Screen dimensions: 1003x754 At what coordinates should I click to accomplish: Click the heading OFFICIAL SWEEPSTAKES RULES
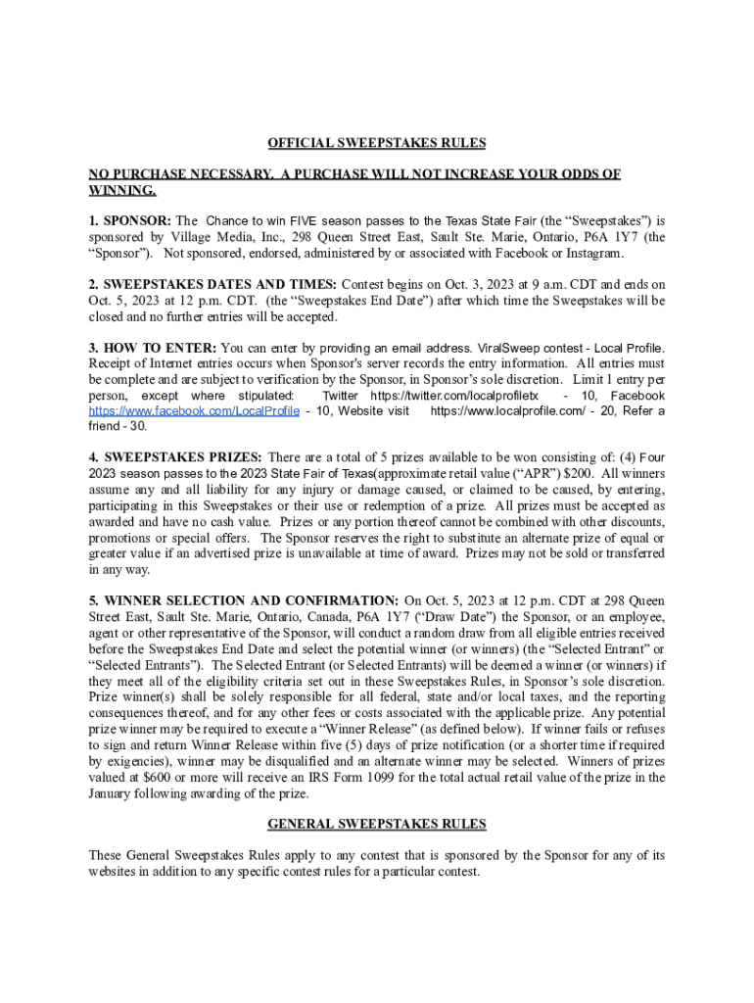pos(377,143)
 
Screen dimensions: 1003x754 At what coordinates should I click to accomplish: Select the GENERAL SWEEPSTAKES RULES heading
pos(377,824)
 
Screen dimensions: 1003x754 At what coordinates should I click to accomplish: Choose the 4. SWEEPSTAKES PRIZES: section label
pos(176,457)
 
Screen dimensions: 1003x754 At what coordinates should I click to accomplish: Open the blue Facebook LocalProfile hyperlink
pos(194,411)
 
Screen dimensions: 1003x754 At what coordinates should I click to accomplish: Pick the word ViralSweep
pos(509,348)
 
